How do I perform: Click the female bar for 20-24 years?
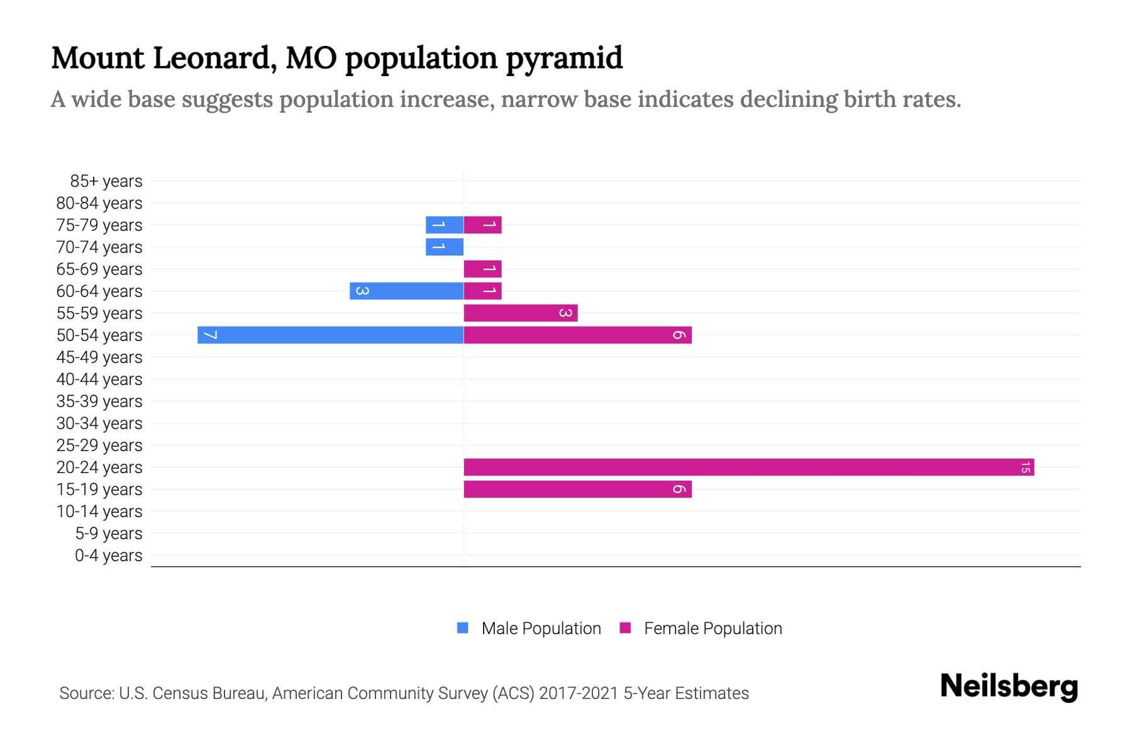coord(748,467)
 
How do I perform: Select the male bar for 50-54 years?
coord(330,335)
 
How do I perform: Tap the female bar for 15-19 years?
coord(577,489)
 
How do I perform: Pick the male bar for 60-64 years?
coord(406,291)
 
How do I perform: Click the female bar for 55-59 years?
coord(521,313)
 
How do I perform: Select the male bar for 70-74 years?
coord(444,247)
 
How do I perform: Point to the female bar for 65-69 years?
coord(482,269)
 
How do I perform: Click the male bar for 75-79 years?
coord(444,225)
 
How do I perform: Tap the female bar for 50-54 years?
coord(577,335)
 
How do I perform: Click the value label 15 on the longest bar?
coord(1025,467)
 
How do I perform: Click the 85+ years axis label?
coord(106,181)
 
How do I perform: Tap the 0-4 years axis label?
coord(108,556)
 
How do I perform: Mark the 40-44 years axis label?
coord(99,379)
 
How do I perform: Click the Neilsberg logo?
coord(1009,686)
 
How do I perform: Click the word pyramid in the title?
coord(564,58)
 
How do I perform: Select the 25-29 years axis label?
coord(99,445)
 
